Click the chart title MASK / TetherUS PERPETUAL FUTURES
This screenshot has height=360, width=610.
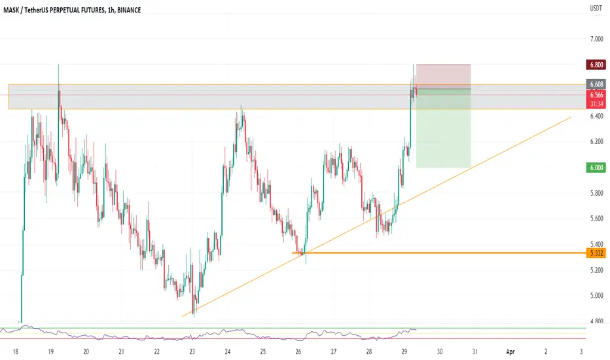(x=54, y=10)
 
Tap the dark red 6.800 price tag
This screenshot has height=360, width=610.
(x=596, y=65)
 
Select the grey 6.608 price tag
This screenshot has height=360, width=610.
(x=596, y=84)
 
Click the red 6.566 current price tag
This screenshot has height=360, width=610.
(x=596, y=95)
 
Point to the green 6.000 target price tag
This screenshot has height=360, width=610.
(x=596, y=168)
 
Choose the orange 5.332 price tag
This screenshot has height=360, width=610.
(x=596, y=253)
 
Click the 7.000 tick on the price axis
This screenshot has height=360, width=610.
(x=596, y=39)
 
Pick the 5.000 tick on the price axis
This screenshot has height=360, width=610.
(x=596, y=295)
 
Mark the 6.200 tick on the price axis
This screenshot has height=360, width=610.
(x=596, y=141)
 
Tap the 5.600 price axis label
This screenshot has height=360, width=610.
(x=596, y=219)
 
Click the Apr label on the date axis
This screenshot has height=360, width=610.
(x=511, y=352)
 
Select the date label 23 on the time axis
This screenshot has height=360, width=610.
(x=192, y=352)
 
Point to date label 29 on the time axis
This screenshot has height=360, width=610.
(x=404, y=352)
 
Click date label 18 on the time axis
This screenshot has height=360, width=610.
(x=16, y=352)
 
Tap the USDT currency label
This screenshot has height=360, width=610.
(x=596, y=8)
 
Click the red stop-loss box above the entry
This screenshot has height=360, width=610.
(x=444, y=77)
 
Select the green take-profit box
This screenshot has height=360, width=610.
(x=444, y=128)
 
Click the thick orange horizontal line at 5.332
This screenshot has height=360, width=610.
(x=439, y=253)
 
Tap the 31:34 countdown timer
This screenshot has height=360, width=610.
(x=596, y=104)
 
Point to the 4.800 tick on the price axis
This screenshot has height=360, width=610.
(x=596, y=321)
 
